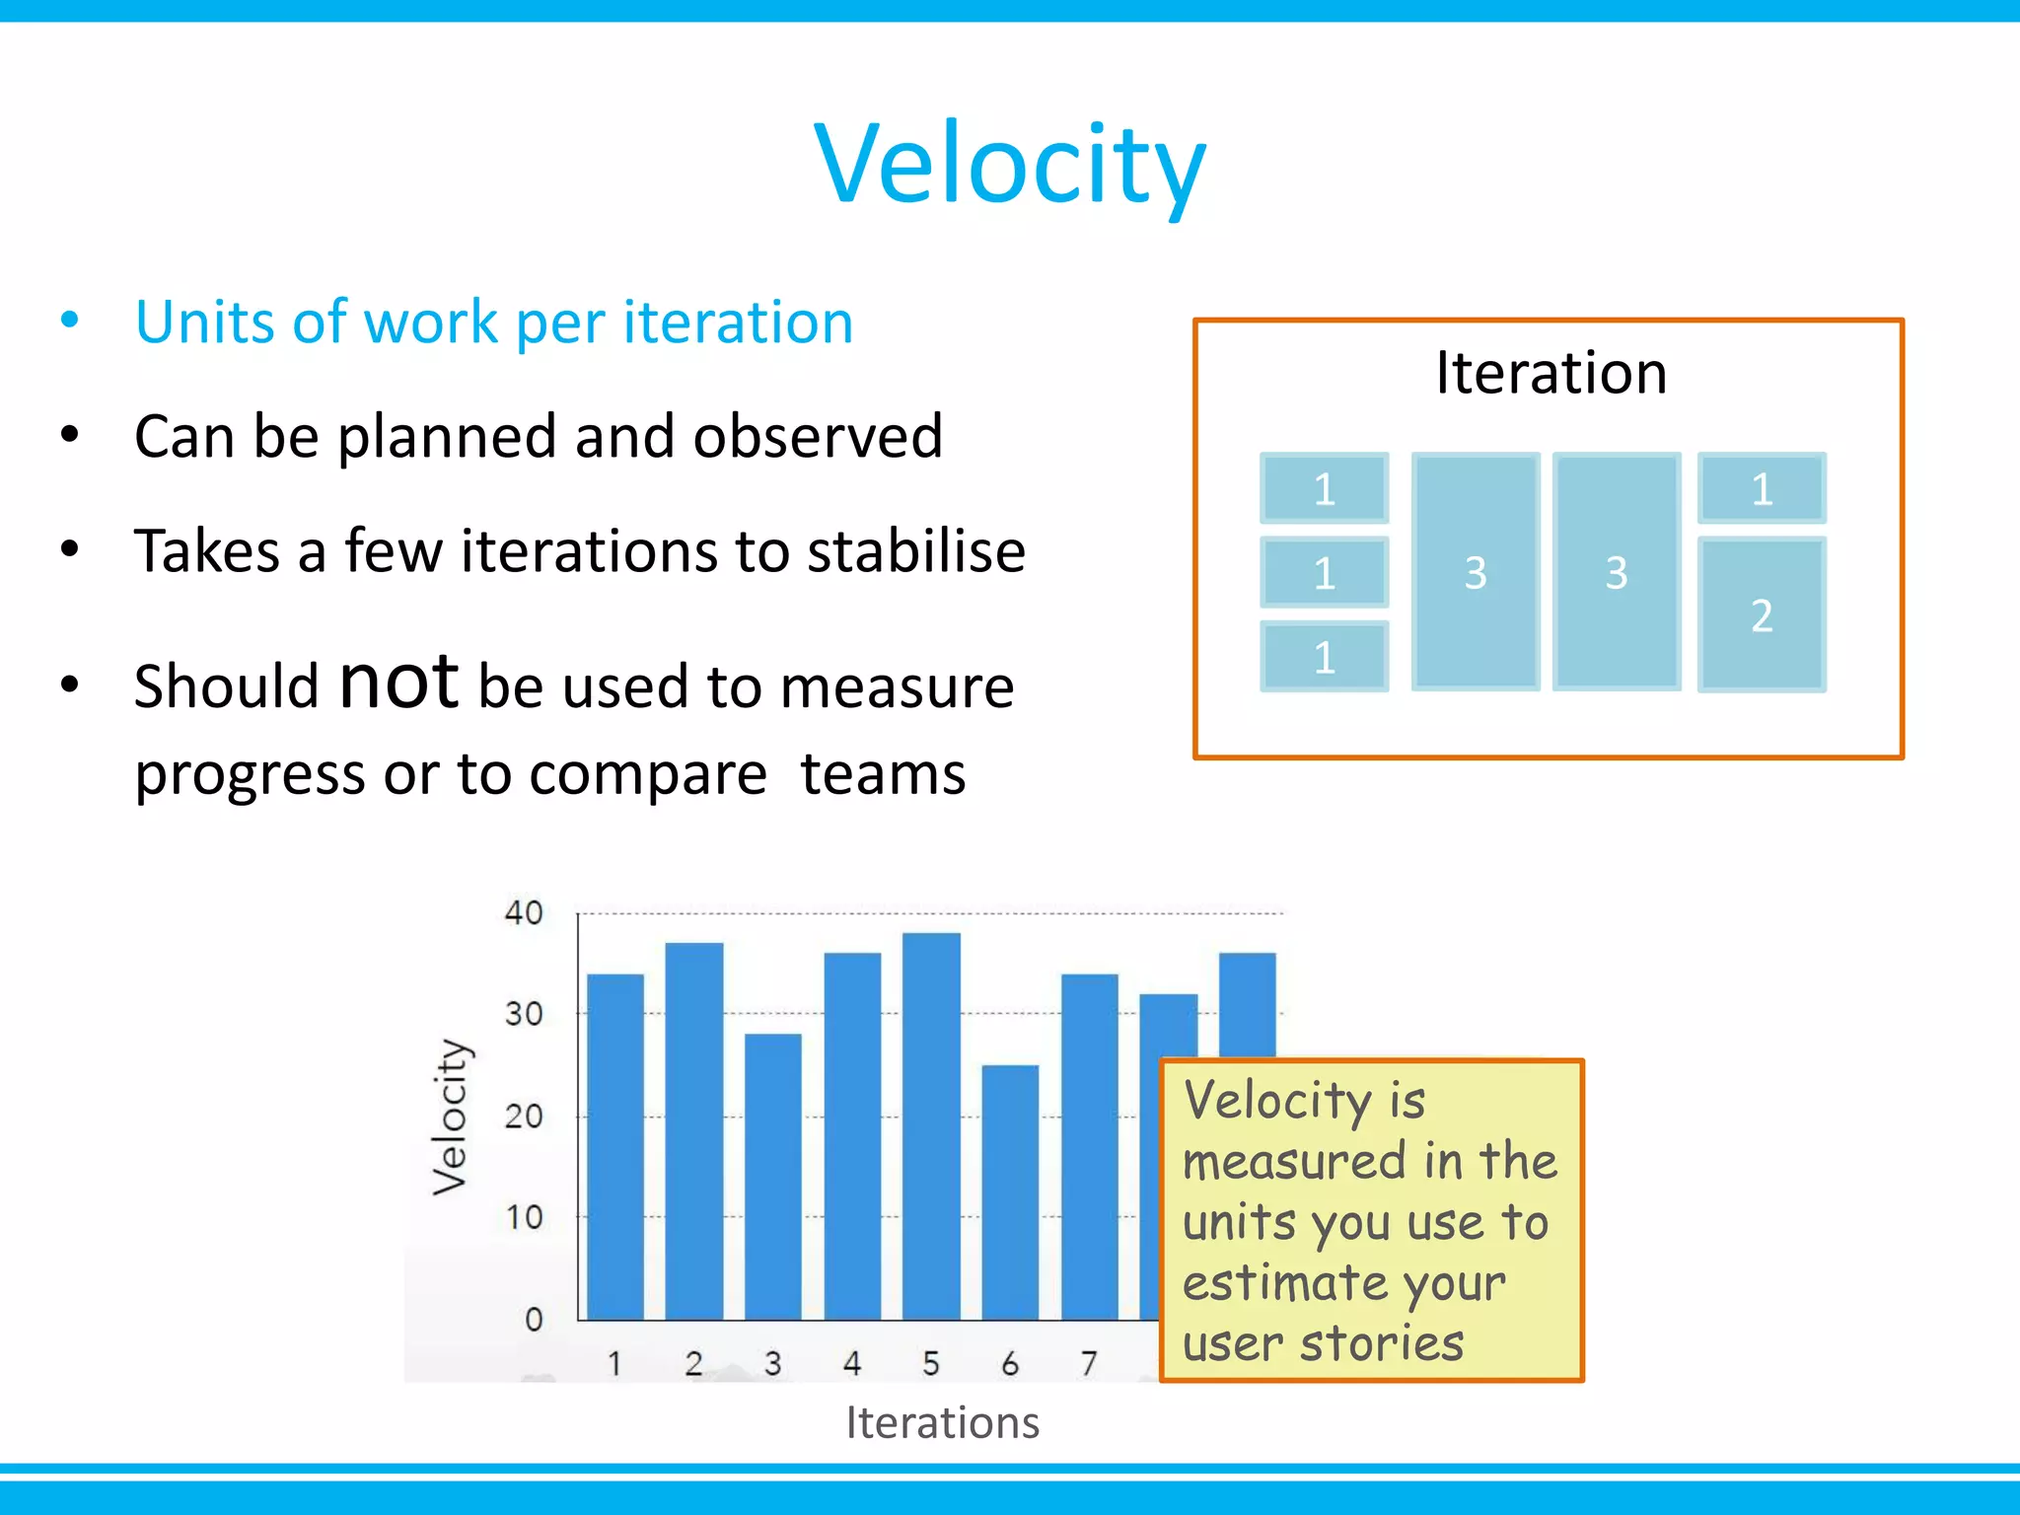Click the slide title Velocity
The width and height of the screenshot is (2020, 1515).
tap(1010, 163)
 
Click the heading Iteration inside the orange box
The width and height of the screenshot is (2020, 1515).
tap(1551, 373)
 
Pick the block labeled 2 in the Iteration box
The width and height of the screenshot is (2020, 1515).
tap(1762, 614)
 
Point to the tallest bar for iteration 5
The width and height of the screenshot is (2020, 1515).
tap(931, 1124)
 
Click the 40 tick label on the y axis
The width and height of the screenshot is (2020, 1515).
tap(524, 912)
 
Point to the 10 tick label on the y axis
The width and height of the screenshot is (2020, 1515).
tap(524, 1218)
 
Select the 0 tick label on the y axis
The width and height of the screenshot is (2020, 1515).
tap(534, 1320)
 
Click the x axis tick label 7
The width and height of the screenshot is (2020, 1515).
tap(1089, 1363)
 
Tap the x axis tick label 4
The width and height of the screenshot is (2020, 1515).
tap(852, 1363)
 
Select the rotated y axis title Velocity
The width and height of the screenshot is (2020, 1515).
tap(451, 1117)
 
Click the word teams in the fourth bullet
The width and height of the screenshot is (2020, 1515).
tap(883, 773)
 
